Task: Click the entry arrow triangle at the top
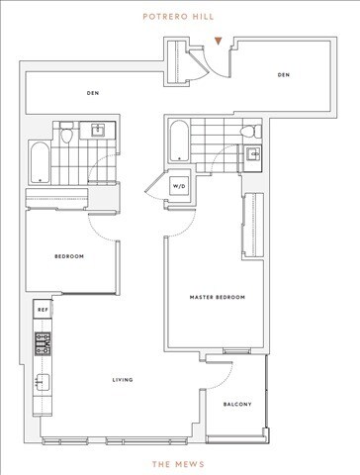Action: click(x=218, y=42)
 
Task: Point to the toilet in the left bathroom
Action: click(x=66, y=134)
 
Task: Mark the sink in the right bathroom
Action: click(x=252, y=153)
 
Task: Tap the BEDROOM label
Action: click(x=68, y=256)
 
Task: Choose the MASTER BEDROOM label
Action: click(x=217, y=298)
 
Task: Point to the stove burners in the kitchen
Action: click(x=43, y=343)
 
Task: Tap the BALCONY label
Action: click(x=236, y=404)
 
